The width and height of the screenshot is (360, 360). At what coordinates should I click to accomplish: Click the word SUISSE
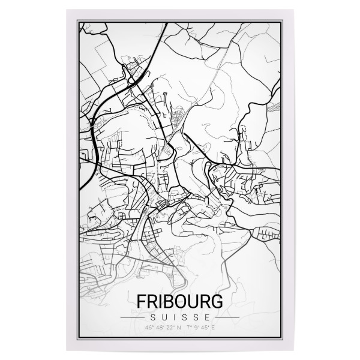[179, 316]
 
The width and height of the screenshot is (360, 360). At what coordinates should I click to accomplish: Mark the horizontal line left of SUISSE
[136, 316]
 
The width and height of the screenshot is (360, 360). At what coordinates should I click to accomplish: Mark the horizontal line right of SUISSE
[226, 316]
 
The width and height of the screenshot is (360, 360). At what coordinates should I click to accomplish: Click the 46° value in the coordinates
[149, 328]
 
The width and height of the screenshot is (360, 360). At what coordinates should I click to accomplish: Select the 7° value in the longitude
[189, 328]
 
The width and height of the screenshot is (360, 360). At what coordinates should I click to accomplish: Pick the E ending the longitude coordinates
[214, 328]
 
